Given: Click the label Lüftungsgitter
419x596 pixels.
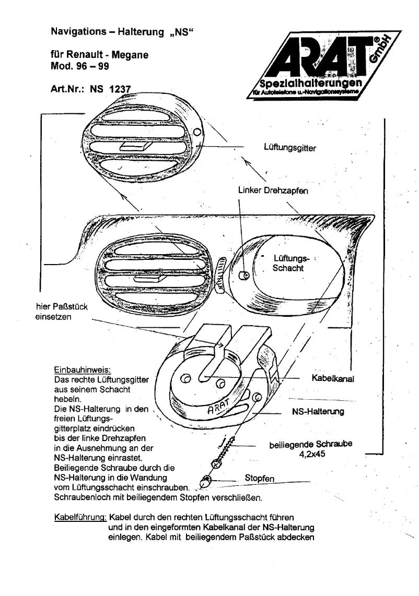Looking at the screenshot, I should click(x=289, y=148).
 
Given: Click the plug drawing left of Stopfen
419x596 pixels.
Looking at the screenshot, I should click(x=206, y=480).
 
